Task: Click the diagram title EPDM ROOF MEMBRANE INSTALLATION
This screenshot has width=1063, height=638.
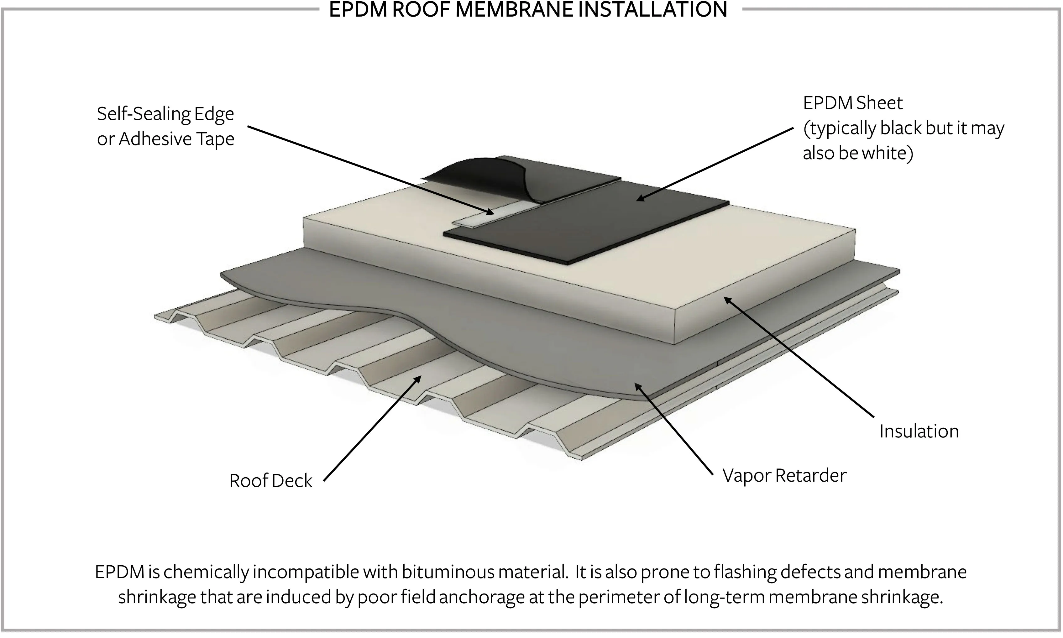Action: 528,9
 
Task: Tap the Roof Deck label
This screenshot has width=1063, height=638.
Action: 270,481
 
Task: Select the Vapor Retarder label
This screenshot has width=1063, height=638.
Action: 784,475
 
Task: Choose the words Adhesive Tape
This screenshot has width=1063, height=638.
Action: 176,139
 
